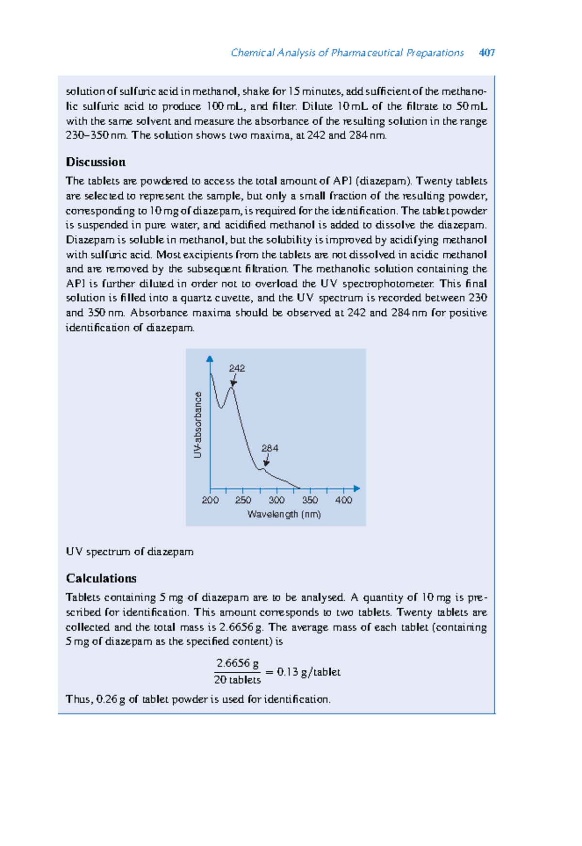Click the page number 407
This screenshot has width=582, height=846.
coord(486,53)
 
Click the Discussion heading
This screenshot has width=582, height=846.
coord(96,162)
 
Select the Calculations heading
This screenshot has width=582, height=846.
coord(101,579)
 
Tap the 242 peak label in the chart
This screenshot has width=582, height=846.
coord(237,368)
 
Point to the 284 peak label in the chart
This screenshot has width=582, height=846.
coord(270,448)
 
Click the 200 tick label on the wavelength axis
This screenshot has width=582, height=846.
coord(210,500)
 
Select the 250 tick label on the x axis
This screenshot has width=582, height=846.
coord(243,500)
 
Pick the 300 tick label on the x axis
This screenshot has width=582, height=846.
coord(276,500)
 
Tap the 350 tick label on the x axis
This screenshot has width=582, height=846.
coord(310,500)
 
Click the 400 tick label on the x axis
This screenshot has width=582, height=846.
coord(343,500)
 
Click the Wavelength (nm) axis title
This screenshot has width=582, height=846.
coord(284,514)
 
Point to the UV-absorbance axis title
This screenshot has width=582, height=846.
coord(197,425)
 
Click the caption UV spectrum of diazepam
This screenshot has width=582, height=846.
coord(129,552)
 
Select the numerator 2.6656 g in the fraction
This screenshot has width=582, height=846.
coord(237,663)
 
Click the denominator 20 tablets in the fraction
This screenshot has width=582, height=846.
coord(237,680)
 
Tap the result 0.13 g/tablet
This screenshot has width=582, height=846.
coord(308,672)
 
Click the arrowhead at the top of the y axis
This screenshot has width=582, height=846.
coord(210,359)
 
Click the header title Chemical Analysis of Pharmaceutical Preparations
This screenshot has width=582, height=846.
coord(347,53)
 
